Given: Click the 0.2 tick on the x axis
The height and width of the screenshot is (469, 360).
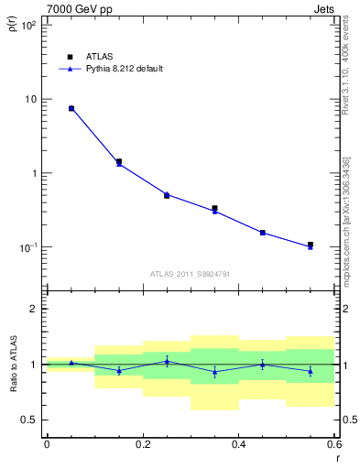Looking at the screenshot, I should (x=142, y=444).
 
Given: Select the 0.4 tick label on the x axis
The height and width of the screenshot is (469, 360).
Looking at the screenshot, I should (x=238, y=444).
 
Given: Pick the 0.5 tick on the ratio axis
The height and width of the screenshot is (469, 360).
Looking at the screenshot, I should (x=30, y=420).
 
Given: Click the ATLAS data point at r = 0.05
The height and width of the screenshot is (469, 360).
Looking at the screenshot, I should (x=71, y=108).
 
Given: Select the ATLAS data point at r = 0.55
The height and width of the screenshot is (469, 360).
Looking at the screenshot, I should (x=311, y=245).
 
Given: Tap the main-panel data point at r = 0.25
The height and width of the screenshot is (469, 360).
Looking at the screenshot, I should (x=167, y=195).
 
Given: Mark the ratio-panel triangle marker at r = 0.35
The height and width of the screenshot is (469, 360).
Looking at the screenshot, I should (x=214, y=372).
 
